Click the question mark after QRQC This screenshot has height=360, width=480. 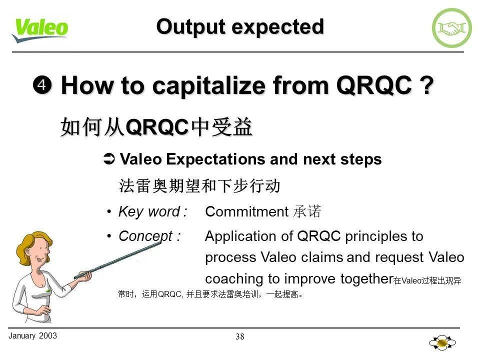(425, 86)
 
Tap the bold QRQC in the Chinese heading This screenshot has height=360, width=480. (157, 128)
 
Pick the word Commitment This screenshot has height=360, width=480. (247, 212)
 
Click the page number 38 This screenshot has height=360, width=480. (240, 336)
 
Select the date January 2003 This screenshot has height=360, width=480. (32, 335)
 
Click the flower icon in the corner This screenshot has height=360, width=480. (442, 343)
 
